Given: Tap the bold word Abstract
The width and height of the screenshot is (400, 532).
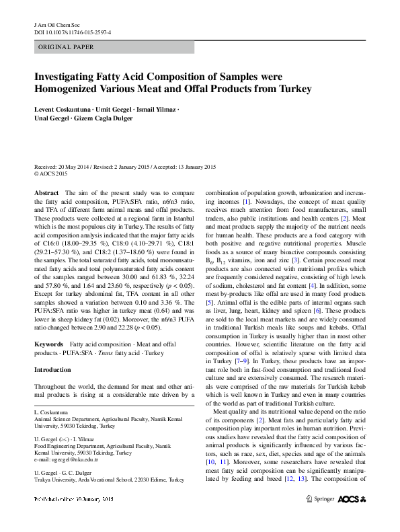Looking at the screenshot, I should [x=46, y=192].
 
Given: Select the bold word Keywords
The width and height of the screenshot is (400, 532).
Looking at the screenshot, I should [x=48, y=344].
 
